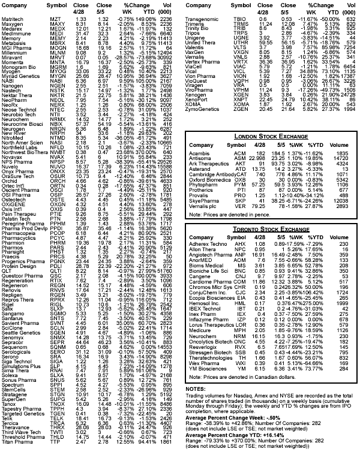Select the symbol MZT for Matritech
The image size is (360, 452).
pyautogui.click(x=55, y=19)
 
